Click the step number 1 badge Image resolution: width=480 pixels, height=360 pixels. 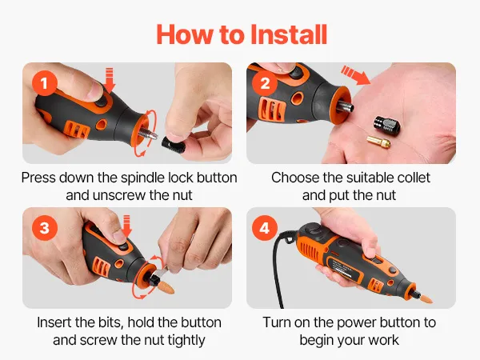point(44,83)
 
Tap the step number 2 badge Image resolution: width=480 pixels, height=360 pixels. point(265,83)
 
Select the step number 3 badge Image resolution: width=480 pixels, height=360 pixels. point(44,228)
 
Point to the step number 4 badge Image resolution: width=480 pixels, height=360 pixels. point(265,228)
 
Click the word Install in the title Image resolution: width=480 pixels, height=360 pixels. point(289,34)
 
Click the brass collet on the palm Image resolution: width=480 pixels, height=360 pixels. point(378,142)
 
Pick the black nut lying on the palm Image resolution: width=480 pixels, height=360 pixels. point(386,126)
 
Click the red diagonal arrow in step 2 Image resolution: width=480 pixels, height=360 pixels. point(355,75)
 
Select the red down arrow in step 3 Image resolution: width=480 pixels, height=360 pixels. point(126,226)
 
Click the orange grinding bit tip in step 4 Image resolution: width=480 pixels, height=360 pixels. point(425,296)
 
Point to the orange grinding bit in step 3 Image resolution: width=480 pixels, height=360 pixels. point(167,287)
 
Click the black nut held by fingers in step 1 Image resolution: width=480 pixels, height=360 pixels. point(173,145)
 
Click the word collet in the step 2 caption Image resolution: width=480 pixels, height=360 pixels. point(413,178)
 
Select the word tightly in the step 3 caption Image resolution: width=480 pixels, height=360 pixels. point(186,341)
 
